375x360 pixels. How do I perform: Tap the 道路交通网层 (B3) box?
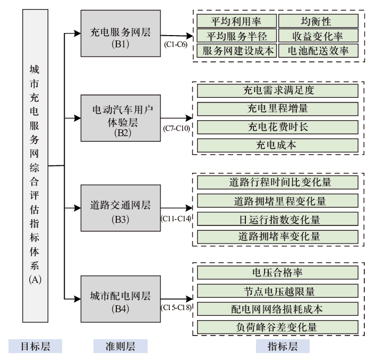click(121, 210)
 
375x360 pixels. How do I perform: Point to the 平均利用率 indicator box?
click(236, 21)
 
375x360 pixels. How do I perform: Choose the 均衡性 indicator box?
click(317, 21)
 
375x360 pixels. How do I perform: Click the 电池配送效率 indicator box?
click(317, 51)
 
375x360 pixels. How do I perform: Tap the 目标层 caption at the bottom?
click(35, 347)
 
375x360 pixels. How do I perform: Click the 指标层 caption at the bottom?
click(282, 347)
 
